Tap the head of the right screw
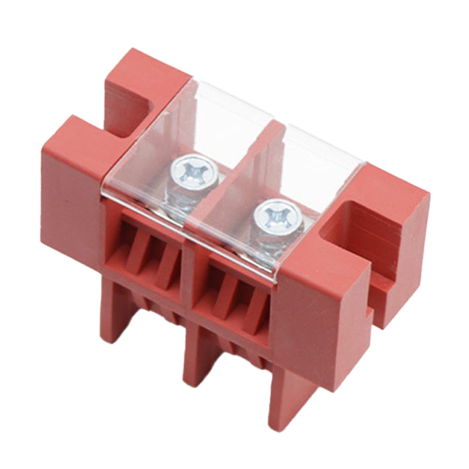pos(277,216)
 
